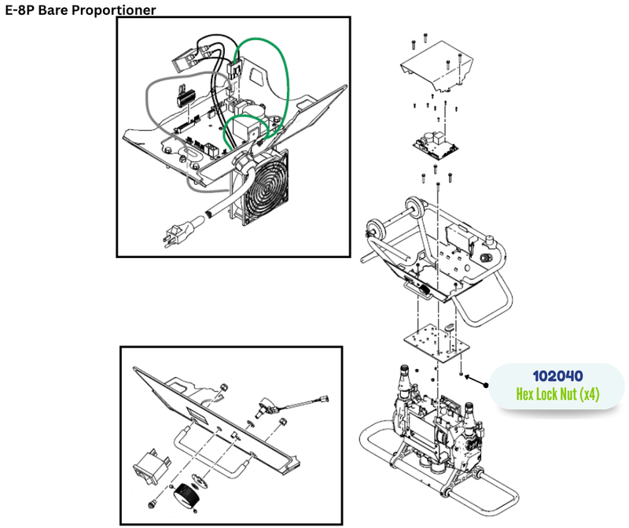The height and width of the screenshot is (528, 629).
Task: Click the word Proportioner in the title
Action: coord(115,10)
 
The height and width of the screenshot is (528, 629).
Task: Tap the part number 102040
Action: coord(557,376)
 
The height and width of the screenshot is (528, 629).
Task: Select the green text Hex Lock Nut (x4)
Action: coord(557,394)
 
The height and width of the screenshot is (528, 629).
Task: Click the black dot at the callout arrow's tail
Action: coord(487,386)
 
